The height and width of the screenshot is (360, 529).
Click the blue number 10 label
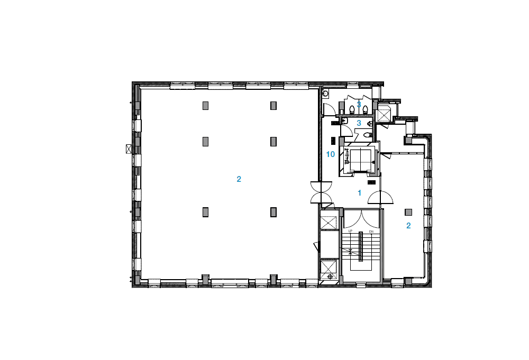[x=330, y=154]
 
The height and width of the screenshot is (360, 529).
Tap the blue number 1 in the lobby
[x=359, y=193]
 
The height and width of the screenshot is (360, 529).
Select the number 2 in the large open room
[x=239, y=179]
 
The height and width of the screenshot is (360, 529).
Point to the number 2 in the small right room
[x=408, y=226]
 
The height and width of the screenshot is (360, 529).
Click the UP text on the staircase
[x=350, y=231]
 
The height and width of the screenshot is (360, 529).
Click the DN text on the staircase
[x=371, y=232]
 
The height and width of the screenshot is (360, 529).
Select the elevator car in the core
[x=360, y=159]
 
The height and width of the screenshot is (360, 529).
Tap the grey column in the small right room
[x=408, y=213]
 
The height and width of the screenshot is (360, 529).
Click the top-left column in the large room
[x=205, y=106]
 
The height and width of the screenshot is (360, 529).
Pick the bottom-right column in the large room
[x=273, y=212]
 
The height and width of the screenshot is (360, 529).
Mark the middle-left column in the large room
[x=205, y=142]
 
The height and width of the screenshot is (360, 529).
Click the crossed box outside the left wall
[x=129, y=149]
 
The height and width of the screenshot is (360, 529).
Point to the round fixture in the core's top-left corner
[x=325, y=94]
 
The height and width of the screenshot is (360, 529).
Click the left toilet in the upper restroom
[x=352, y=109]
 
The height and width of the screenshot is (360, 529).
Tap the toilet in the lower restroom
[x=368, y=135]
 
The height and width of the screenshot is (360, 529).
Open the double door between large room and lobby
[x=322, y=192]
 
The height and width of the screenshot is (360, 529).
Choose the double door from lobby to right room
[x=380, y=198]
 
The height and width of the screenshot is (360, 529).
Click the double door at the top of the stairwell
[x=361, y=218]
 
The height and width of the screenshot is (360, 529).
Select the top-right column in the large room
[x=273, y=106]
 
